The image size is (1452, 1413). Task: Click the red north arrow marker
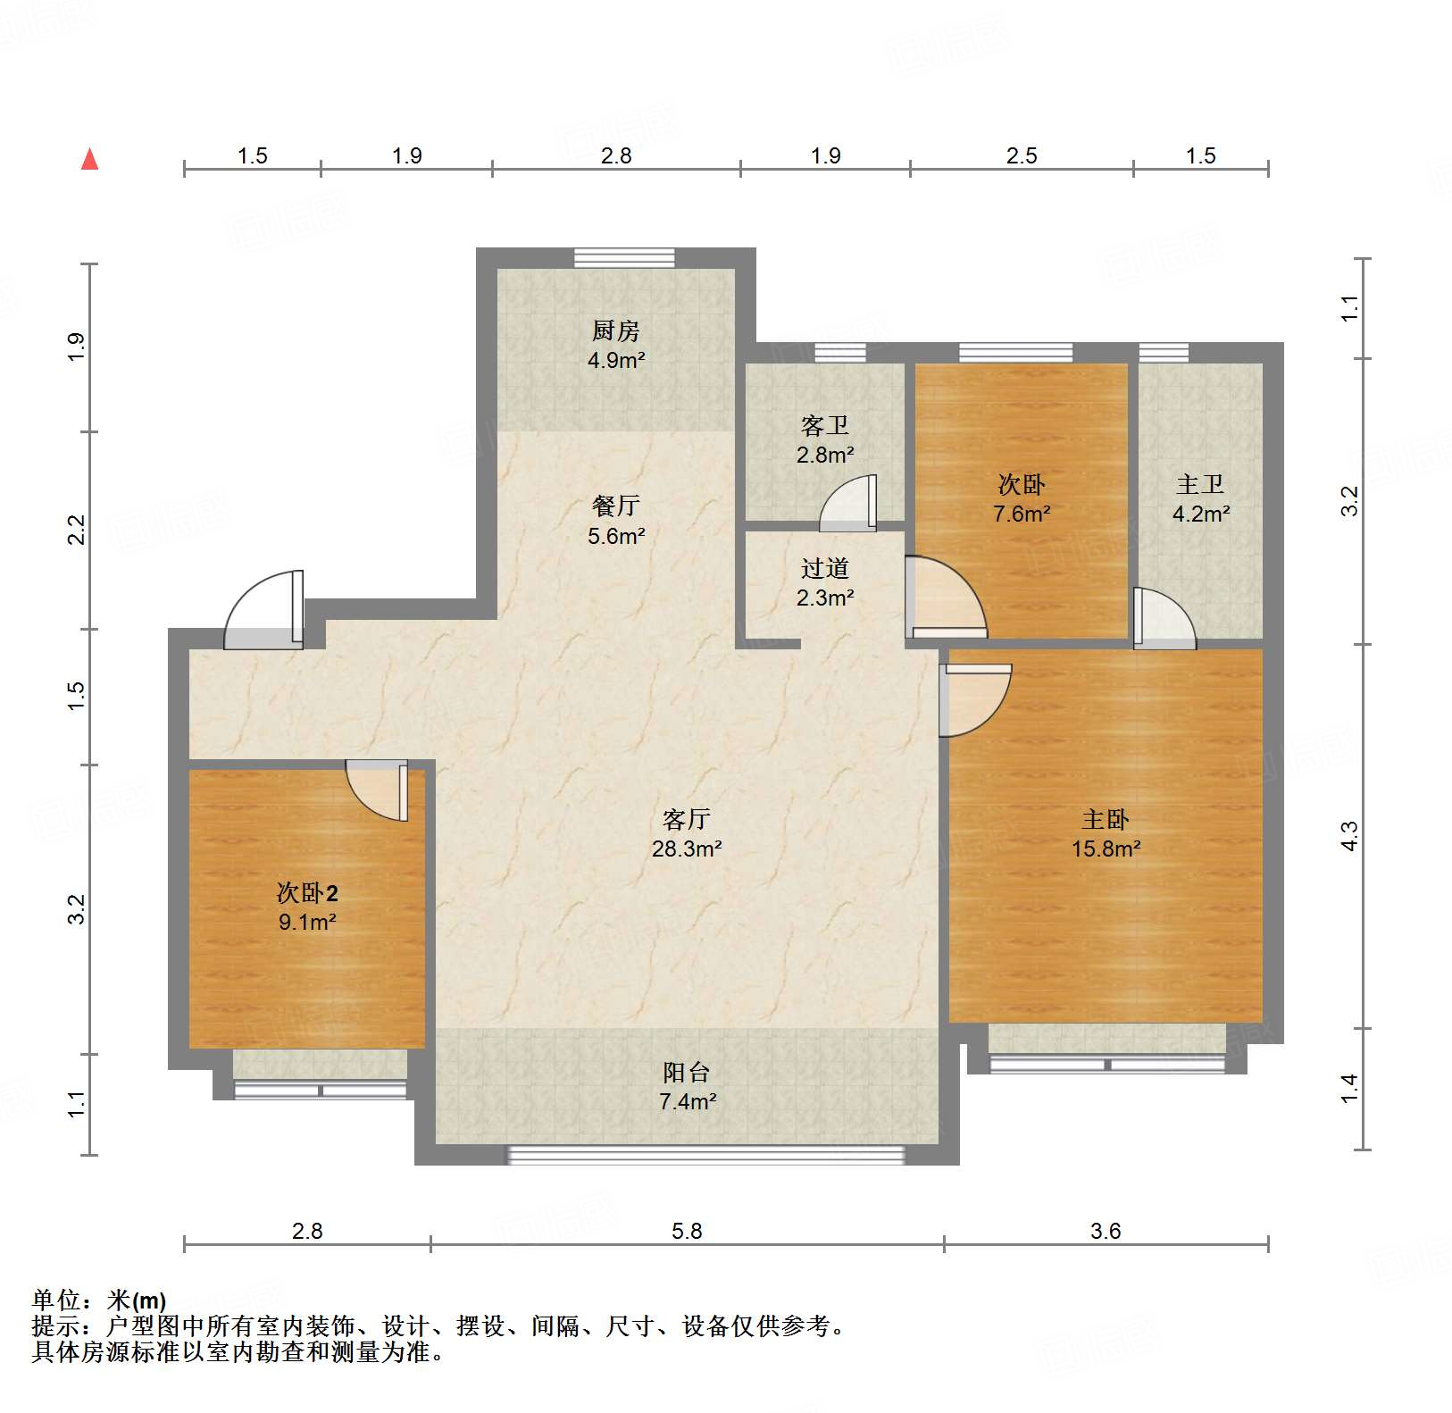(x=89, y=160)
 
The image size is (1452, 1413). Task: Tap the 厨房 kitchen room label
(x=615, y=331)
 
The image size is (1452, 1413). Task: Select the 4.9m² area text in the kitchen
(x=615, y=361)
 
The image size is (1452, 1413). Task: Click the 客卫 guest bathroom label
(x=824, y=425)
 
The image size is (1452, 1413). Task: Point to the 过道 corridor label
(x=824, y=568)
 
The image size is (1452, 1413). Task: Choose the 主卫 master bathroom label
(x=1199, y=485)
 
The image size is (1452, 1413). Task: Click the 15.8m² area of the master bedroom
(x=1106, y=849)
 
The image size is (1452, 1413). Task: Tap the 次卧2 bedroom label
(x=307, y=892)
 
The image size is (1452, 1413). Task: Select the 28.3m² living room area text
(x=686, y=849)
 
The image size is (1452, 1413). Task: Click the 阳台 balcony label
(x=686, y=1072)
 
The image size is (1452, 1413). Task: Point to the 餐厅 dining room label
(x=615, y=506)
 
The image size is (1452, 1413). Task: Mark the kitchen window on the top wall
(x=624, y=257)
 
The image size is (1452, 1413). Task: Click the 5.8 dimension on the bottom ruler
(x=687, y=1231)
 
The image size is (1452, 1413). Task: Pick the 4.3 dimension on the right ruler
(x=1349, y=835)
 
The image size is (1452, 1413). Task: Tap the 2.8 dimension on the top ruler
(x=615, y=156)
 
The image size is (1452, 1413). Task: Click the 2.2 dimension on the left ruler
(x=77, y=530)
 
